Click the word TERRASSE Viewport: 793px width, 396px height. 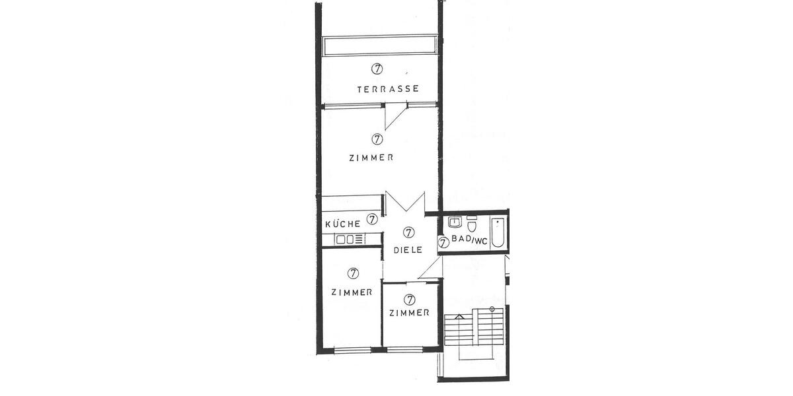tap(388, 89)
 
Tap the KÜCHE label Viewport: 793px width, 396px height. tap(343, 224)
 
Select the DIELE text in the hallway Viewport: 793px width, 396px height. tap(408, 251)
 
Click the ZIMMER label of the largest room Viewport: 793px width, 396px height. tap(371, 158)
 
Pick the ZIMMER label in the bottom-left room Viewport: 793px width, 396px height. tap(352, 292)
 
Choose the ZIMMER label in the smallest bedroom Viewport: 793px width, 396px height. tap(410, 313)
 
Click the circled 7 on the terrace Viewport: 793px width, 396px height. tap(377, 68)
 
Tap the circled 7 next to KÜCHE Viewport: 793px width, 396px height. tap(372, 219)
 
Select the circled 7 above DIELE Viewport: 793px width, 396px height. tap(408, 232)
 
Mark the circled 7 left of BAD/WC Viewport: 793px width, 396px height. tap(444, 242)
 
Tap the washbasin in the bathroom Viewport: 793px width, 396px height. tap(455, 222)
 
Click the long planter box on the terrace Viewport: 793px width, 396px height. tap(380, 46)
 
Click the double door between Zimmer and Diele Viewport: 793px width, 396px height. tap(404, 202)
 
